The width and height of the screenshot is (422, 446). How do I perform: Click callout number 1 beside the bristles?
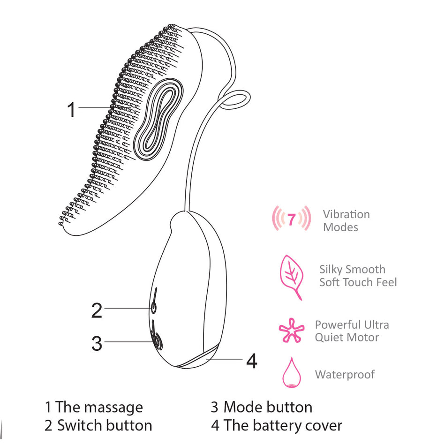coord(71,110)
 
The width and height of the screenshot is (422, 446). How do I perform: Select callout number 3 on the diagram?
coord(97,343)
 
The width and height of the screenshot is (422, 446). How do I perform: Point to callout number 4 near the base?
coord(252,361)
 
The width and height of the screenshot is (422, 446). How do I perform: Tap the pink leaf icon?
coord(290,276)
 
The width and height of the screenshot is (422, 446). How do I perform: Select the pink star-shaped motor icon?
coord(291,331)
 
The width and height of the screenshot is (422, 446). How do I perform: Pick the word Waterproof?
coord(345,374)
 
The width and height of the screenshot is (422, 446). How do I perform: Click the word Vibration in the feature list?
coord(346,214)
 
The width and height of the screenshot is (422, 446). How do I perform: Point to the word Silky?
coord(331,269)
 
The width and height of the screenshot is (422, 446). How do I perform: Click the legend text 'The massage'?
coord(99,407)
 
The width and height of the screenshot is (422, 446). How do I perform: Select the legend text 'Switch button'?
coord(105,425)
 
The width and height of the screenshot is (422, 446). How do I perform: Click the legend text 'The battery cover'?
coord(283,425)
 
